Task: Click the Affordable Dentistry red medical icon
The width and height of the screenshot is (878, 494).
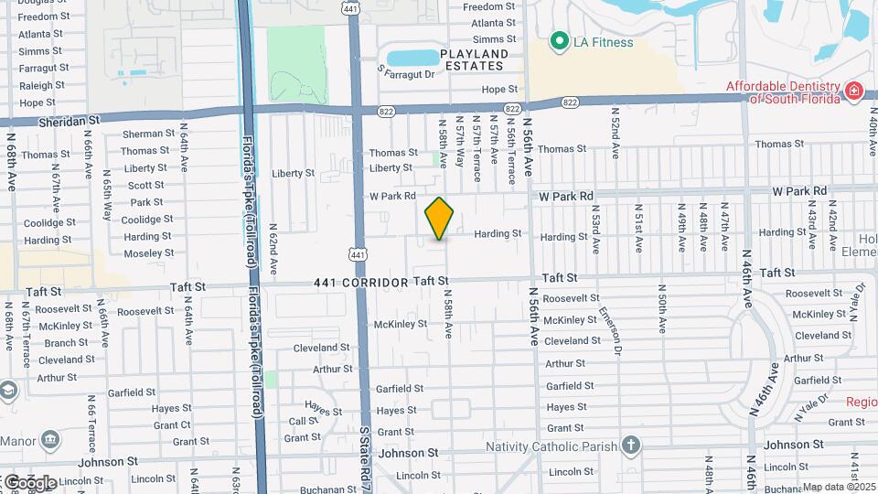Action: click(x=853, y=90)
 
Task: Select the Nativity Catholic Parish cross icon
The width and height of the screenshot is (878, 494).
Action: click(x=630, y=446)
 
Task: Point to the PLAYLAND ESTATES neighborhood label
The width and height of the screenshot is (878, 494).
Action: click(x=473, y=59)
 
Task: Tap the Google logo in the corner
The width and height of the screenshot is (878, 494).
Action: click(x=29, y=482)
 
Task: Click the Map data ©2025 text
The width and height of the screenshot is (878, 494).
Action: click(x=839, y=487)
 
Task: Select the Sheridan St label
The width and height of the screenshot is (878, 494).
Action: click(x=69, y=121)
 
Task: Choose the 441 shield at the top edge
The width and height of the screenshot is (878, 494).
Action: click(x=350, y=8)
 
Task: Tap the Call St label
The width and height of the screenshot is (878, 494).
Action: click(x=303, y=421)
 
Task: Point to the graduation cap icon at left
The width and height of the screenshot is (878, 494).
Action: click(x=8, y=391)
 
